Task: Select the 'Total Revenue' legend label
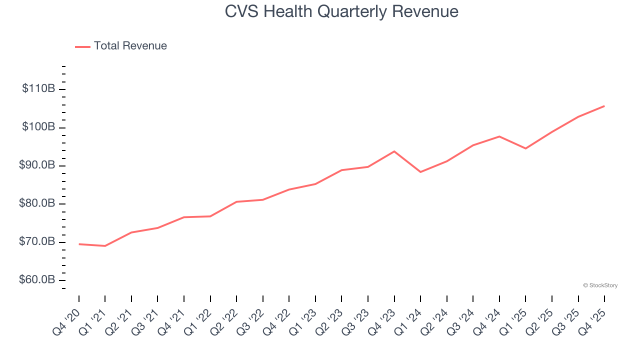click(x=130, y=46)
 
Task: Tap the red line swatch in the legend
click(x=82, y=46)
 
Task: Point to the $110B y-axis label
click(x=38, y=89)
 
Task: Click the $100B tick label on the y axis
click(x=38, y=127)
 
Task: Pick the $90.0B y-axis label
click(x=36, y=165)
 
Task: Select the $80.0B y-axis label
click(x=36, y=203)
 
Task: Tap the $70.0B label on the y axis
click(x=36, y=242)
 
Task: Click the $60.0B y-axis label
click(x=36, y=280)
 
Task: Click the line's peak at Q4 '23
click(x=394, y=151)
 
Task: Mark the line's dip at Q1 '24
click(x=420, y=172)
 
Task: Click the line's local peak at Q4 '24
click(x=499, y=136)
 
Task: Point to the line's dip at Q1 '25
click(x=525, y=148)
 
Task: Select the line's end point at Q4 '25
click(x=604, y=106)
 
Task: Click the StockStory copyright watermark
click(x=600, y=285)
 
